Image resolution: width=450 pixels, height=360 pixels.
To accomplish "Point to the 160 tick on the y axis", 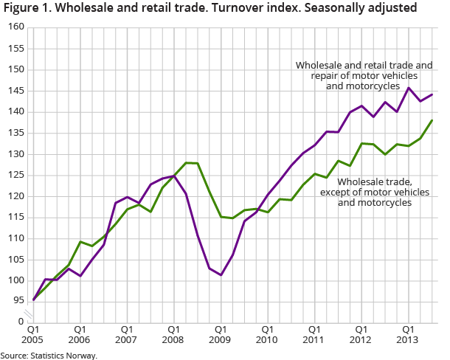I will tap(16, 27).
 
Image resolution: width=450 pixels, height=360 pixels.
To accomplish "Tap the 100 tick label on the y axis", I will tap(16, 281).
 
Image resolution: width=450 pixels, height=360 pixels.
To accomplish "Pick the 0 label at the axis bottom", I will tap(21, 322).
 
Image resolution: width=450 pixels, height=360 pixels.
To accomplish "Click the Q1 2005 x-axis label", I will tap(33, 334).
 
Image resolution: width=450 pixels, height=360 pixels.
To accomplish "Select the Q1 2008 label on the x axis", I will tap(173, 334).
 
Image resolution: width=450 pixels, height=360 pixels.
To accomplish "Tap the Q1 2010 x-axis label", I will tap(266, 334).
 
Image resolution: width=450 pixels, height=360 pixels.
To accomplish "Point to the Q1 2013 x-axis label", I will tap(406, 334).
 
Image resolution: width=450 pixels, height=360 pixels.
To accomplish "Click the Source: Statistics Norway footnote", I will tap(49, 355).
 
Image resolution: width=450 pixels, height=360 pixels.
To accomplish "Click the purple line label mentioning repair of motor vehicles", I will tap(364, 75).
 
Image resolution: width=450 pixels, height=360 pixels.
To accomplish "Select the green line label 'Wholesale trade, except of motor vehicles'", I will tap(374, 192).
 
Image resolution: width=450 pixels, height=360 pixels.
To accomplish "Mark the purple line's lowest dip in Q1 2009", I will tap(221, 275).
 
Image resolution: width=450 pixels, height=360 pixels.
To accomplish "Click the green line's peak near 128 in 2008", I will tap(186, 162).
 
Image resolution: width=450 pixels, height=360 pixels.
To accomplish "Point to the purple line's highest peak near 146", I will tap(408, 88).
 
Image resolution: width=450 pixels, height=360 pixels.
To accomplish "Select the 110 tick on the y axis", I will tap(16, 239).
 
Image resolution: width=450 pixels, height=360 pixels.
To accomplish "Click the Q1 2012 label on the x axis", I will tap(360, 334).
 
